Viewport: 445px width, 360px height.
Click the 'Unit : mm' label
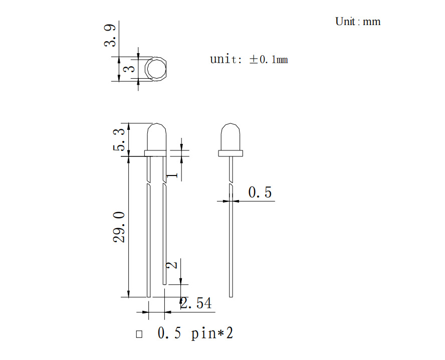[x=358, y=22]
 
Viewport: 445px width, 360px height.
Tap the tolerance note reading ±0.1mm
[x=269, y=59]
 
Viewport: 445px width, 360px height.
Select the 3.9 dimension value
[x=110, y=36]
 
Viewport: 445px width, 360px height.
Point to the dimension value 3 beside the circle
[x=130, y=69]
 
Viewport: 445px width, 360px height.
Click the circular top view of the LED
[x=155, y=69]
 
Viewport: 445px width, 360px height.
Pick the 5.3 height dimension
[x=119, y=139]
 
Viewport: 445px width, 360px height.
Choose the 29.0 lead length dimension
[x=119, y=227]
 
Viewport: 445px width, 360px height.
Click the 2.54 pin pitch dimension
[x=196, y=303]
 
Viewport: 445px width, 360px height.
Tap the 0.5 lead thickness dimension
[x=260, y=192]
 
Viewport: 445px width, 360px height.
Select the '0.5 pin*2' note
[x=195, y=333]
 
